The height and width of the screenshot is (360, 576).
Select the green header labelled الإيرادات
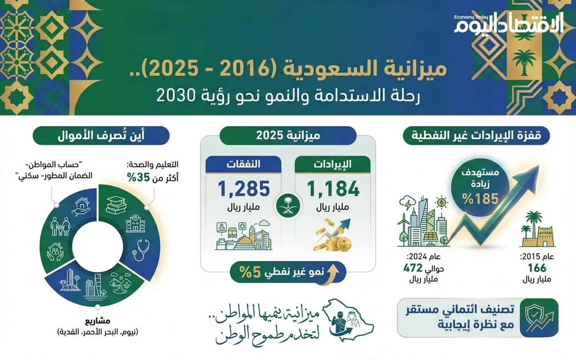click(x=333, y=164)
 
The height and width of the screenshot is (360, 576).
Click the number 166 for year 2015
click(x=537, y=268)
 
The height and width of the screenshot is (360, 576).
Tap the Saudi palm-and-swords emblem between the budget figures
click(x=288, y=205)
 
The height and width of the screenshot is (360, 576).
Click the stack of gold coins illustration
click(x=327, y=238)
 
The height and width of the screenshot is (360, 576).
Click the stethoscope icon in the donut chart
click(x=140, y=249)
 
